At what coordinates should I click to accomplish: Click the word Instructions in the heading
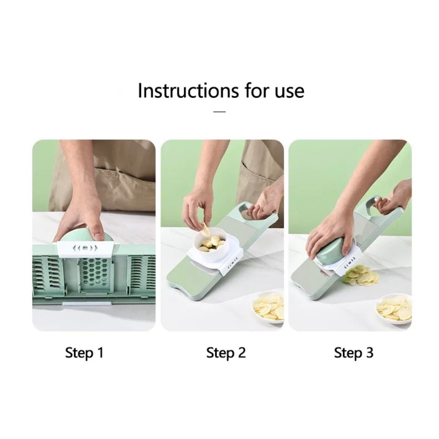189,90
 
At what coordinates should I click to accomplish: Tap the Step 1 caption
84,352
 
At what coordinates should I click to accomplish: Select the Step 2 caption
226,352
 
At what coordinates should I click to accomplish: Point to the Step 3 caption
354,352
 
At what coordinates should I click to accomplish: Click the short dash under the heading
219,112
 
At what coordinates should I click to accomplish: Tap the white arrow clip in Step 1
85,249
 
